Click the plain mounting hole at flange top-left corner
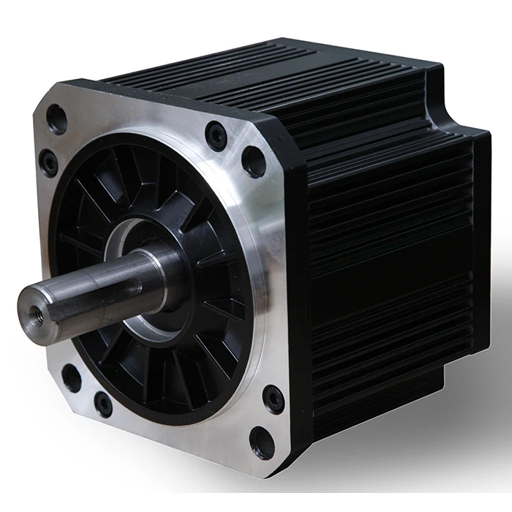tap(56, 119)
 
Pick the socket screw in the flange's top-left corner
tap(49, 162)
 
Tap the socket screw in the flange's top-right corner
tap(216, 135)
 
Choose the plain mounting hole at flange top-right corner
tap(253, 161)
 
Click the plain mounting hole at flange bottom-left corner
tap(72, 377)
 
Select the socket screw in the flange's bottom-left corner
tap(104, 404)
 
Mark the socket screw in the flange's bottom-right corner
tap(274, 399)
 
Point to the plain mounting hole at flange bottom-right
tap(262, 442)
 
